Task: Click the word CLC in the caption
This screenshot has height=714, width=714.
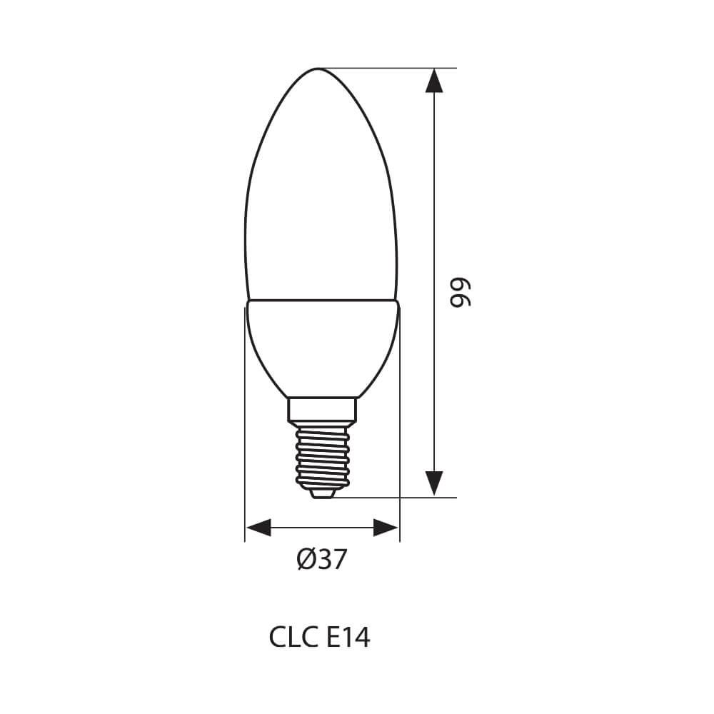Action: click(x=290, y=637)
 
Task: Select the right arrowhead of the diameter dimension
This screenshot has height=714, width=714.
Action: click(x=386, y=528)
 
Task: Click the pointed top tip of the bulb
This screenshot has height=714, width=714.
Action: click(x=320, y=69)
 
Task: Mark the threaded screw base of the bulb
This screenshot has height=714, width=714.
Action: click(x=322, y=453)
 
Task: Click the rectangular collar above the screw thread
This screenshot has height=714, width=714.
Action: click(x=322, y=409)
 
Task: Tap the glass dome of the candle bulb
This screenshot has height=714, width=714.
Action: click(x=321, y=200)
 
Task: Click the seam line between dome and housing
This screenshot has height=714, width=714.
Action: click(x=321, y=301)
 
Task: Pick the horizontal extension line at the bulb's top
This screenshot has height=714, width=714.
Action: click(x=386, y=69)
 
